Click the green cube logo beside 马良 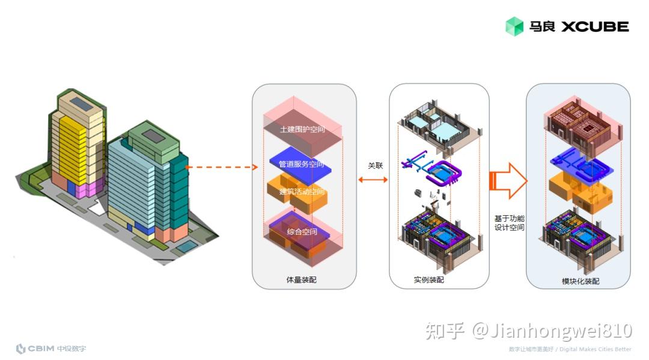coord(514,26)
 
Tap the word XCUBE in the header coord(595,26)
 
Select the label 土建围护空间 coord(303,130)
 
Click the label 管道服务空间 coord(301,164)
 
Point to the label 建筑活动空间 coord(302,192)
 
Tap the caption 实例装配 coord(429,279)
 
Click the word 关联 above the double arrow coord(375,165)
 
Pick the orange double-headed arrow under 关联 coord(373,178)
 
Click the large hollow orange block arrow coord(508,180)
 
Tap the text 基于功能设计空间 coord(509,223)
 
